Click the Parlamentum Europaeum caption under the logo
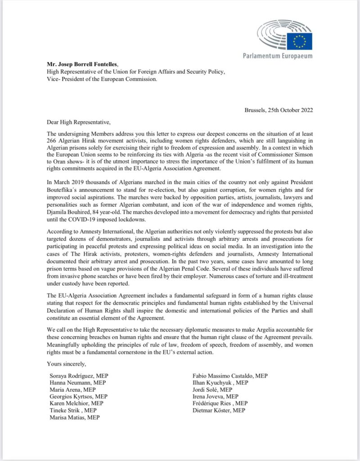(x=277, y=56)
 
